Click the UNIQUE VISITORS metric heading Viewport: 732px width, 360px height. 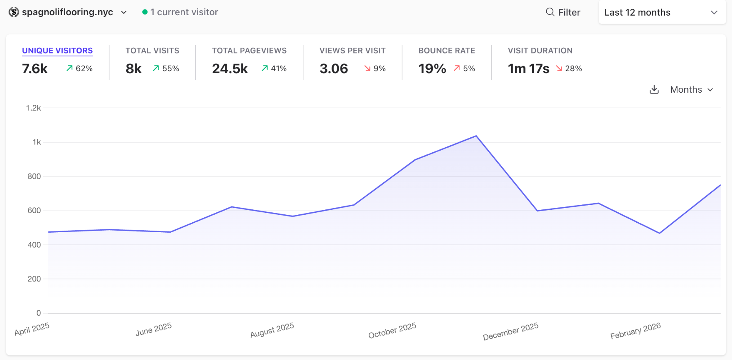tap(57, 51)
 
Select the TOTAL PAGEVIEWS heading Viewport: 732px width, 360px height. tap(249, 51)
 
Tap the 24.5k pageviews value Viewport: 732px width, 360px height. tap(230, 69)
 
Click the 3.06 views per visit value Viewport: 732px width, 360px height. tap(334, 69)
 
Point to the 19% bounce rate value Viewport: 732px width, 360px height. tap(432, 69)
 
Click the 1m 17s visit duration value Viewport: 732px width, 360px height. tap(528, 69)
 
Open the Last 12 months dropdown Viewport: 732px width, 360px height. tap(662, 12)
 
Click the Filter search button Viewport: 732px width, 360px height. tap(563, 12)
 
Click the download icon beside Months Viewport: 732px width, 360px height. tap(654, 90)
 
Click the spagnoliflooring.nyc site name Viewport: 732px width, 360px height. tap(67, 12)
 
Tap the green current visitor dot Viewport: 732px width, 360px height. tap(145, 12)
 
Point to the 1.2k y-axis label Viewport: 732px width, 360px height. tap(33, 108)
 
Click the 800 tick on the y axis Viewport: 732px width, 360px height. tap(34, 177)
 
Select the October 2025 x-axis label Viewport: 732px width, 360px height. tap(392, 330)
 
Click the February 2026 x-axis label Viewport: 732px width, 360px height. tap(636, 331)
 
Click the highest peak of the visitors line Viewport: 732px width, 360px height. tap(476, 136)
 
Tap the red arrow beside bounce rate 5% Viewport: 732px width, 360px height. tap(457, 68)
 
